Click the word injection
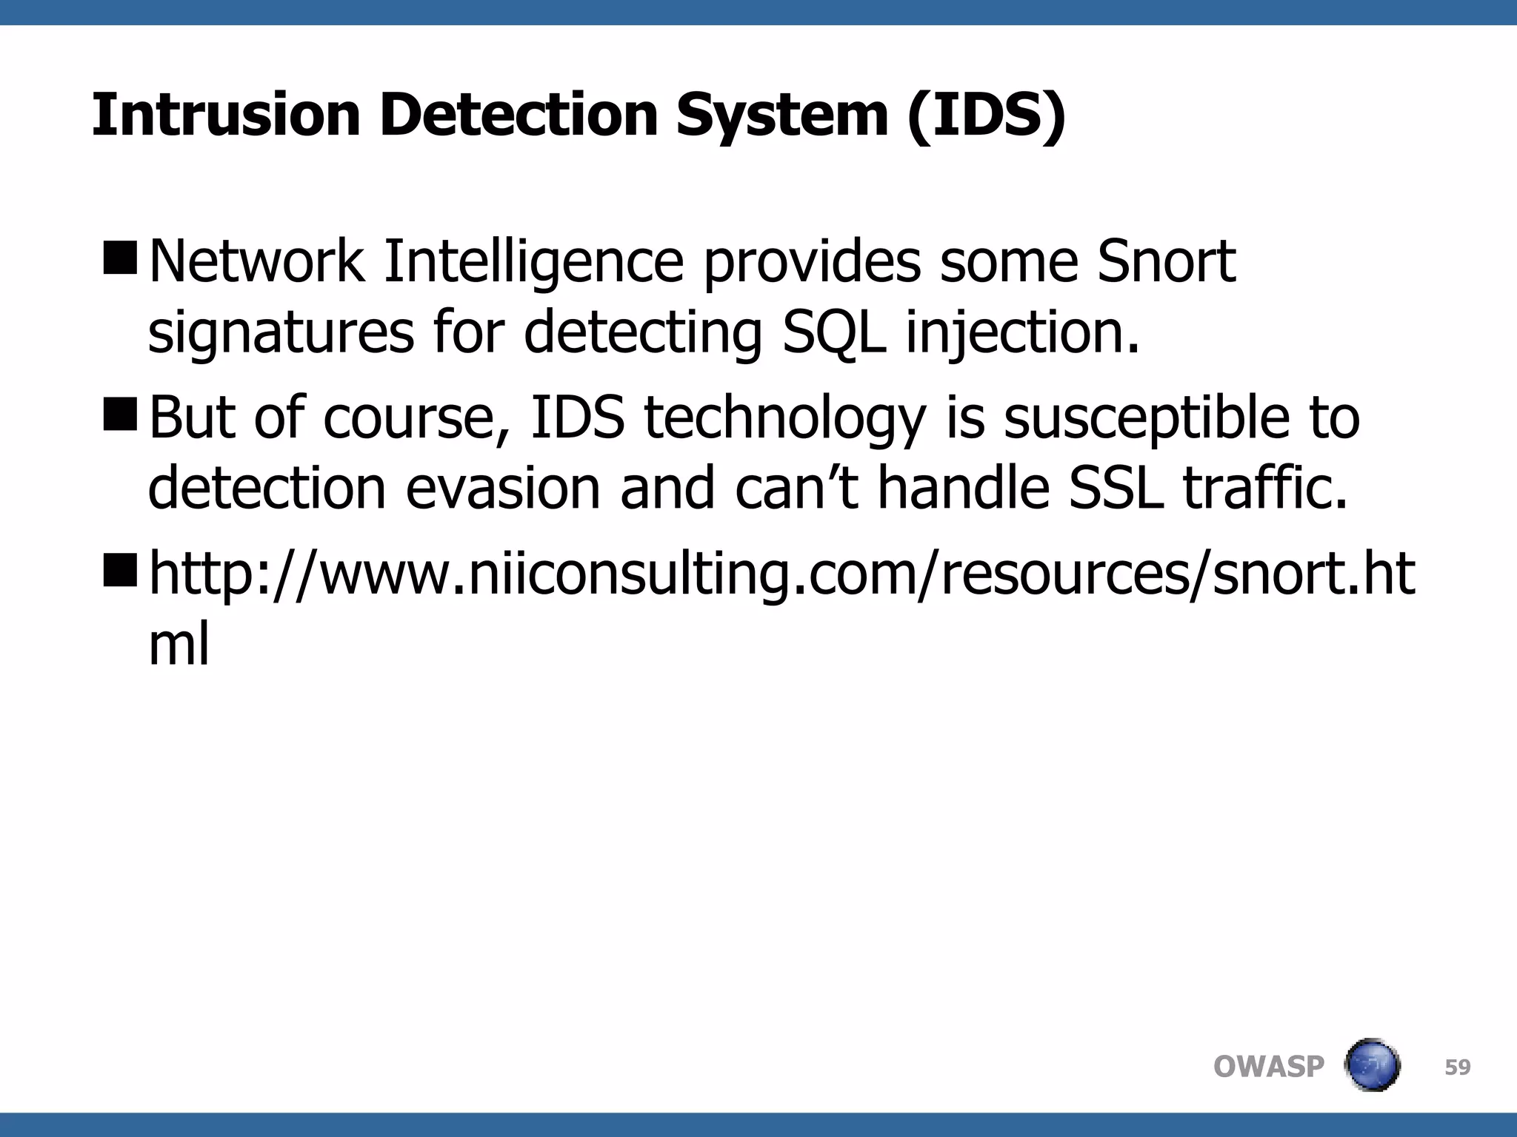[1022, 332]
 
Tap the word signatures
[281, 332]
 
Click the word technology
[784, 418]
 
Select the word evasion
[503, 489]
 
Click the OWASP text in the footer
[1269, 1067]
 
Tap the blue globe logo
[1372, 1066]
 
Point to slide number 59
[1458, 1067]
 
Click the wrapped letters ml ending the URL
[179, 644]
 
